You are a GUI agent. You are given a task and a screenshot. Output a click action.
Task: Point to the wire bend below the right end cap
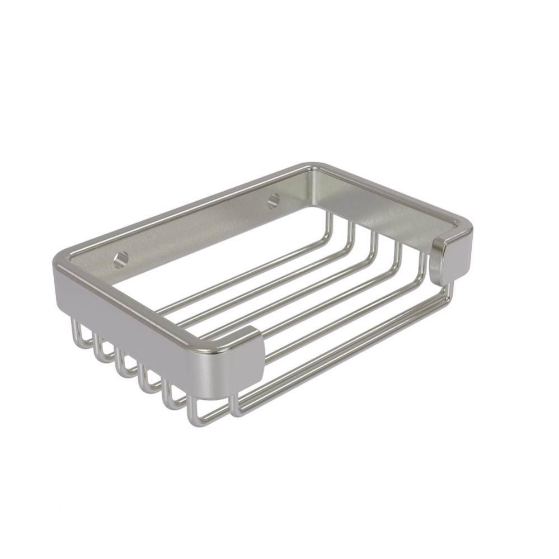click(x=451, y=291)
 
